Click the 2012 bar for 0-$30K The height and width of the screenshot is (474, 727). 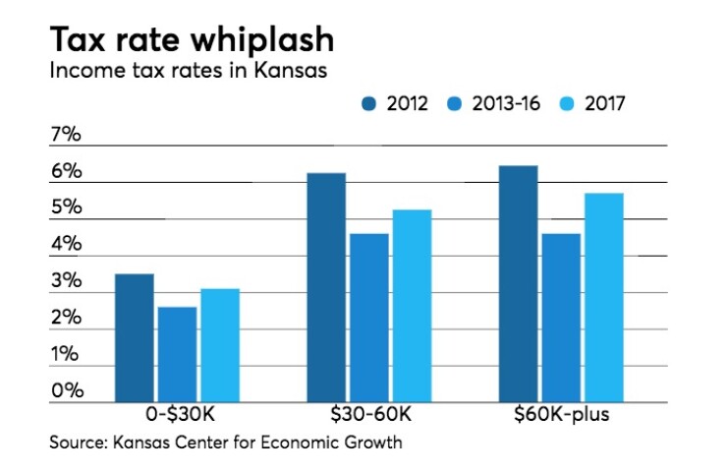point(135,337)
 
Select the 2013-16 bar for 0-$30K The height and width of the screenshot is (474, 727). point(177,354)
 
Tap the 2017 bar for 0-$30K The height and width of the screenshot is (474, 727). point(219,345)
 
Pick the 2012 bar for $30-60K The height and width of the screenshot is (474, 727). point(326,287)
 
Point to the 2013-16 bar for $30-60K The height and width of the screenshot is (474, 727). point(368,318)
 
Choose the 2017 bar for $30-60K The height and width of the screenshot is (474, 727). point(411,306)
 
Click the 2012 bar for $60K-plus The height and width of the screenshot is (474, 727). point(518,283)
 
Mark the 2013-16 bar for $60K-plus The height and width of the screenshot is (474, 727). point(560,318)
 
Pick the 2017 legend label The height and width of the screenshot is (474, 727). point(605,102)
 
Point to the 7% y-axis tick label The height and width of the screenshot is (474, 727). point(66,136)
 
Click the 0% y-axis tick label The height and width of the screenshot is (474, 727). point(66,390)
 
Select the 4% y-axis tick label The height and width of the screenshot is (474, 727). point(66,245)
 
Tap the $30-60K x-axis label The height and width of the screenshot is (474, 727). point(367,415)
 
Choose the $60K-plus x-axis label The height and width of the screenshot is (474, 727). point(560,415)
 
